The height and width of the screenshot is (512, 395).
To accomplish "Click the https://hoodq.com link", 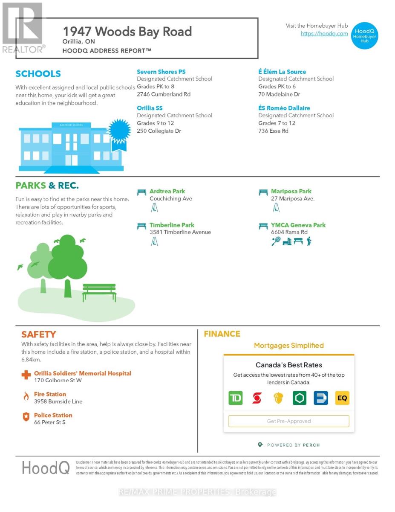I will pos(324,34).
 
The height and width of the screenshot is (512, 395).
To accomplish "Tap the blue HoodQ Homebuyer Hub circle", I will pos(365,36).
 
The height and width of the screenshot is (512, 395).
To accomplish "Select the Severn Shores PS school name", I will pos(161,72).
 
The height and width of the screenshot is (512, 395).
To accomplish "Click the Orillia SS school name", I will pos(150,108).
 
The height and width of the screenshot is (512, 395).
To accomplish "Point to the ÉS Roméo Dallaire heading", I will pos(284,108).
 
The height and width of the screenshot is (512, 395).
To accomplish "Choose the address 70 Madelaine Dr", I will pos(279,94).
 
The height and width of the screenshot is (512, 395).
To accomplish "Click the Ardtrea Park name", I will pos(167,191).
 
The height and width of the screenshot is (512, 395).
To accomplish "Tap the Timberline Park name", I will pos(172,225).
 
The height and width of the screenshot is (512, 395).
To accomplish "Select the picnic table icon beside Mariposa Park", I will pos(263,192).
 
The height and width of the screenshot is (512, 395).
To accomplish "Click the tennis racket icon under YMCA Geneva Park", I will pos(276,241).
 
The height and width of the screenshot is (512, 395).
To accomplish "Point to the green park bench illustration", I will pos(99,292).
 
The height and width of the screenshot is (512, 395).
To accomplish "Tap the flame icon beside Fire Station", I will pos(26,397).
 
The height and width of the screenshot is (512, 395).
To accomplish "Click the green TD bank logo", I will pos(236,398).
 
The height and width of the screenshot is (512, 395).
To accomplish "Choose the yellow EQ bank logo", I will pos(342,398).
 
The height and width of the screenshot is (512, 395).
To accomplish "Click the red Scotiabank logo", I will pos(257,398).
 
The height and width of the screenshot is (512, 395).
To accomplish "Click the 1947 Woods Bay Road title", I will pos(127,31).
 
